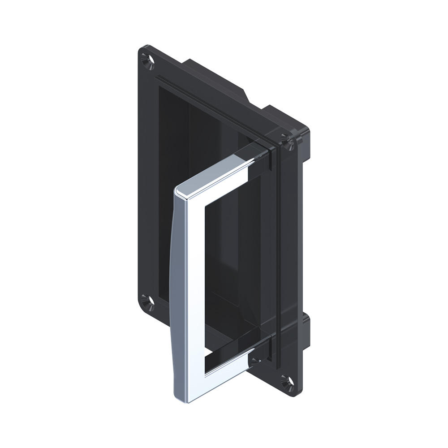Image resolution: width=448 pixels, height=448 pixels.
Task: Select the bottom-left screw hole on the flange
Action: pyautogui.click(x=147, y=300)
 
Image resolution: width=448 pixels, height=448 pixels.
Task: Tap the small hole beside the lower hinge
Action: pyautogui.click(x=254, y=360)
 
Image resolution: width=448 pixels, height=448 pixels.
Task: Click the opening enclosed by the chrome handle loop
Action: pyautogui.click(x=228, y=269)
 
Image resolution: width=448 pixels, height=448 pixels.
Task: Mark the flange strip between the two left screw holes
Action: pyautogui.click(x=143, y=179)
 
